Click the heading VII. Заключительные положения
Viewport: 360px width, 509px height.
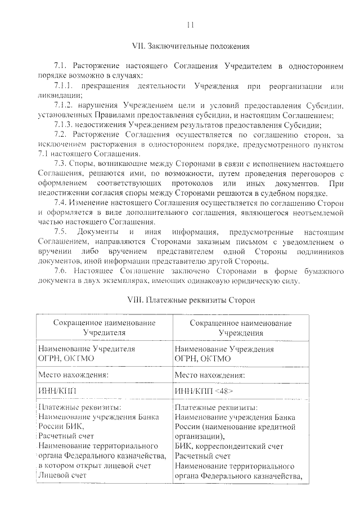(x=190, y=46)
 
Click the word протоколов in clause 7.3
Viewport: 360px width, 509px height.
(x=191, y=183)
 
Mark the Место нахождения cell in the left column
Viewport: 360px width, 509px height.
(x=73, y=373)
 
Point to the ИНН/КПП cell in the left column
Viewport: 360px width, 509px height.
(x=56, y=391)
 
